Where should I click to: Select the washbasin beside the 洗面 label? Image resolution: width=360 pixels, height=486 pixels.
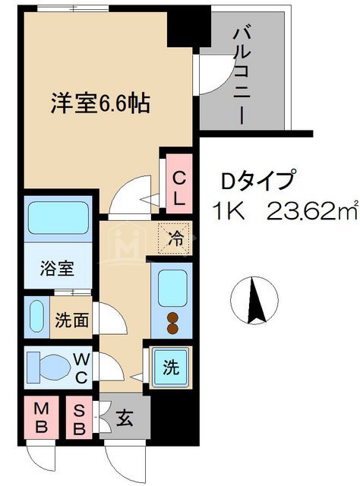tap(36, 314)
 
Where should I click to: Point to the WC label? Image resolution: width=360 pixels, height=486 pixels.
tap(83, 368)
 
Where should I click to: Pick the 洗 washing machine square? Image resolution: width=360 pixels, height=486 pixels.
tap(172, 368)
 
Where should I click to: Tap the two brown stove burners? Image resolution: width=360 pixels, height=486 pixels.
tap(172, 323)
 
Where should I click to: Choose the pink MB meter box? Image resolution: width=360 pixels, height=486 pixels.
tap(43, 417)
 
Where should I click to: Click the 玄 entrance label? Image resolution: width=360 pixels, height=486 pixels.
tap(124, 416)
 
